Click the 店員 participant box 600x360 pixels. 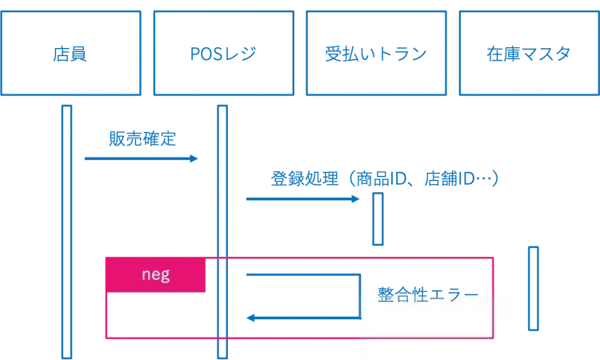71,54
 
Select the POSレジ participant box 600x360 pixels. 223,54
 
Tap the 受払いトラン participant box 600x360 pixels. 375,54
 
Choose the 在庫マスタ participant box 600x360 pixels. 527,54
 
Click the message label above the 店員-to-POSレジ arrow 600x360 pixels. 143,138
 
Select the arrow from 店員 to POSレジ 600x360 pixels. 140,160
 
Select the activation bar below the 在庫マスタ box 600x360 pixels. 534,288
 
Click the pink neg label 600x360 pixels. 155,275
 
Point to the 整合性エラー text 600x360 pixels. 427,294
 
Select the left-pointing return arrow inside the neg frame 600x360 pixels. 304,317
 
